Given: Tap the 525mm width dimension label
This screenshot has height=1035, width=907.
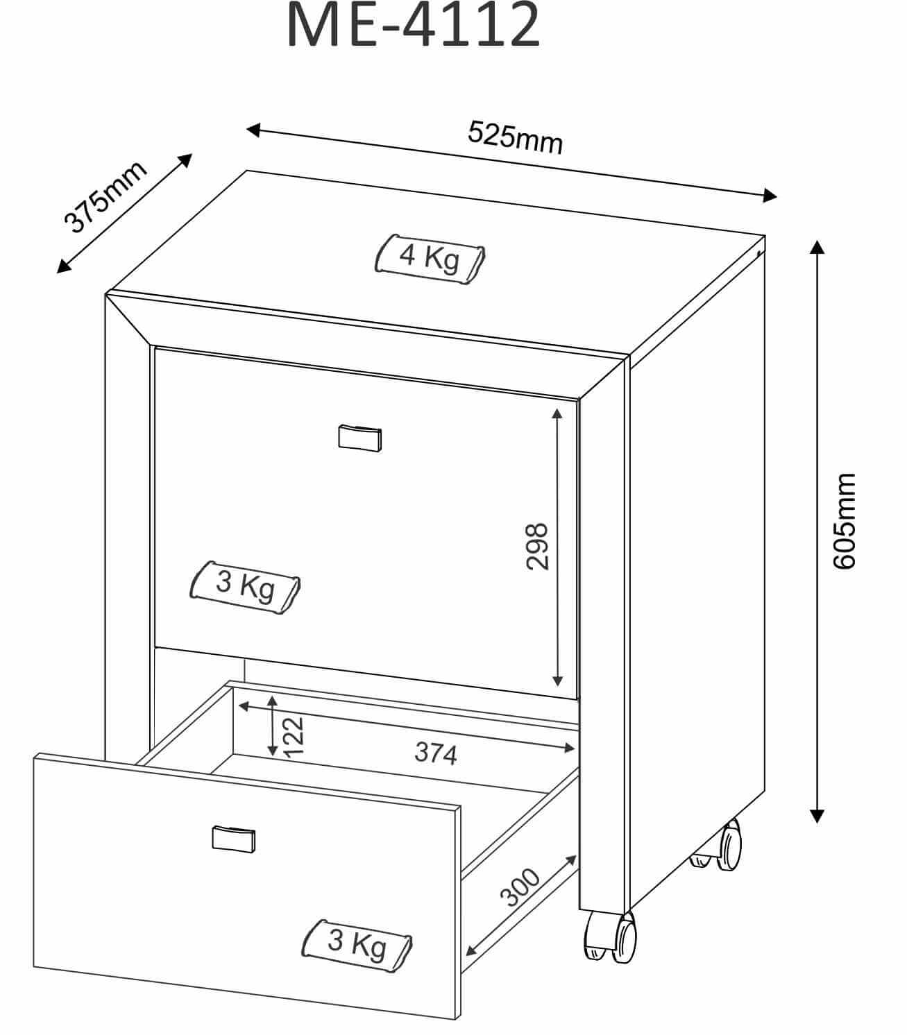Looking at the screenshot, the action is pyautogui.click(x=515, y=137).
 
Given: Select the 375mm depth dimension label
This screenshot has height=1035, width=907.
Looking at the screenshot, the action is pyautogui.click(x=105, y=197).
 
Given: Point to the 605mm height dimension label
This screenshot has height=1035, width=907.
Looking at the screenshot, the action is pyautogui.click(x=844, y=520).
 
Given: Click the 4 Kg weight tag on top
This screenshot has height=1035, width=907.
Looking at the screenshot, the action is pyautogui.click(x=430, y=259).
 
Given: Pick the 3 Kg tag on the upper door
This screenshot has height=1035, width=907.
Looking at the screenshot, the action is pyautogui.click(x=245, y=587).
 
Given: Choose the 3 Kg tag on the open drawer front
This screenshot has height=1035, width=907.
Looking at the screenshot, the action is pyautogui.click(x=357, y=946).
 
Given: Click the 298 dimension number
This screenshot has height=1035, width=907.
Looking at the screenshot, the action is pyautogui.click(x=536, y=546).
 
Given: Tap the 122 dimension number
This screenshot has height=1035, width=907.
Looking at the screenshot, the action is pyautogui.click(x=294, y=737).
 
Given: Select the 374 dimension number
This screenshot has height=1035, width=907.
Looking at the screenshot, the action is pyautogui.click(x=435, y=753).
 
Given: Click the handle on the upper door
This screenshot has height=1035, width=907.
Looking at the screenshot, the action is pyautogui.click(x=359, y=438).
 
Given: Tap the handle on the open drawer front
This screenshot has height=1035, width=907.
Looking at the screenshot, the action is pyautogui.click(x=234, y=839).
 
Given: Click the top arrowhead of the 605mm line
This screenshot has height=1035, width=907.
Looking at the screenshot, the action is pyautogui.click(x=817, y=248).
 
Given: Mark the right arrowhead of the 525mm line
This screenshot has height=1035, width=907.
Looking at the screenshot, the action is pyautogui.click(x=770, y=195).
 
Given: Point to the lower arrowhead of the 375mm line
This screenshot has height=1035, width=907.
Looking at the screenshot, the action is pyautogui.click(x=63, y=266).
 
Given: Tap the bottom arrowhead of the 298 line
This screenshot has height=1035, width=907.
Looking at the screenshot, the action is pyautogui.click(x=557, y=681).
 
